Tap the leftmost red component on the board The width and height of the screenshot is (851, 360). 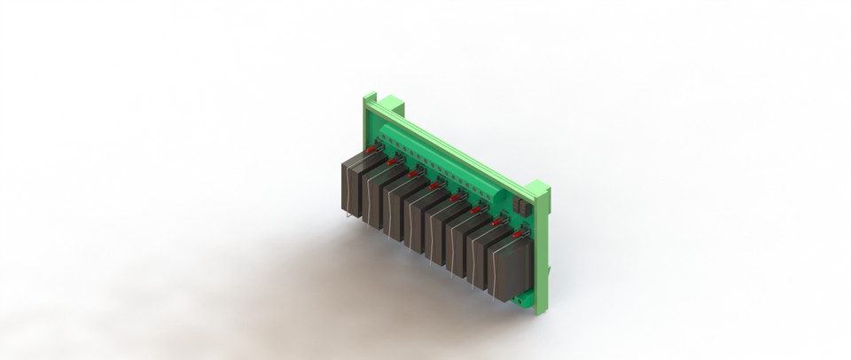tap(370, 151)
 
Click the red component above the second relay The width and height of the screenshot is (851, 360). tap(392, 162)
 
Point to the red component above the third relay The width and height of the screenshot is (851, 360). tap(413, 174)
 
